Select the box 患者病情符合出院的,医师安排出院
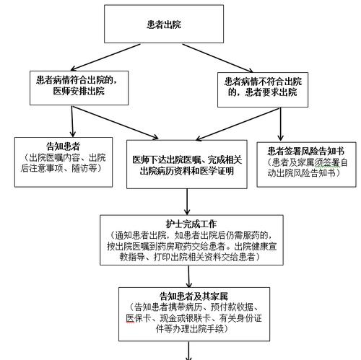point(77,86)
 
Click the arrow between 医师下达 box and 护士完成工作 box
point(189,201)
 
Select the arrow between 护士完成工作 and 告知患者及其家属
point(189,275)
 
